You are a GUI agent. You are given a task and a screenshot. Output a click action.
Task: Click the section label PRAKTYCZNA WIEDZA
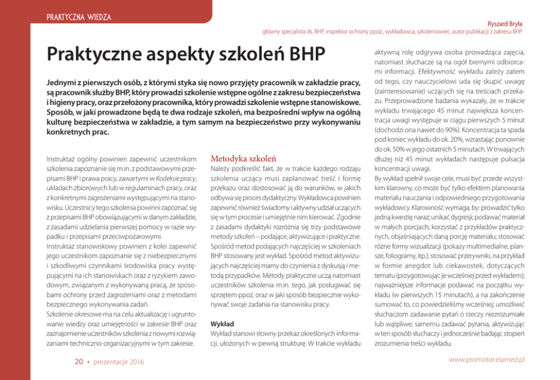click(x=78, y=18)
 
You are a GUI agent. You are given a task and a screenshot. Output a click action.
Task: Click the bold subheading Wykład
click(x=221, y=324)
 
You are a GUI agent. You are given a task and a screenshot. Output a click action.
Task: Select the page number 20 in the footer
click(x=79, y=361)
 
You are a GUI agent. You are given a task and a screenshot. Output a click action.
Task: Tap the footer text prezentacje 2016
click(x=119, y=361)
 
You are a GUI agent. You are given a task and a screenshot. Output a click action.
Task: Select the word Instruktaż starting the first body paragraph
click(x=63, y=160)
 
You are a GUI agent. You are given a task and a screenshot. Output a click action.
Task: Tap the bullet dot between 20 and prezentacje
click(x=89, y=361)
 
